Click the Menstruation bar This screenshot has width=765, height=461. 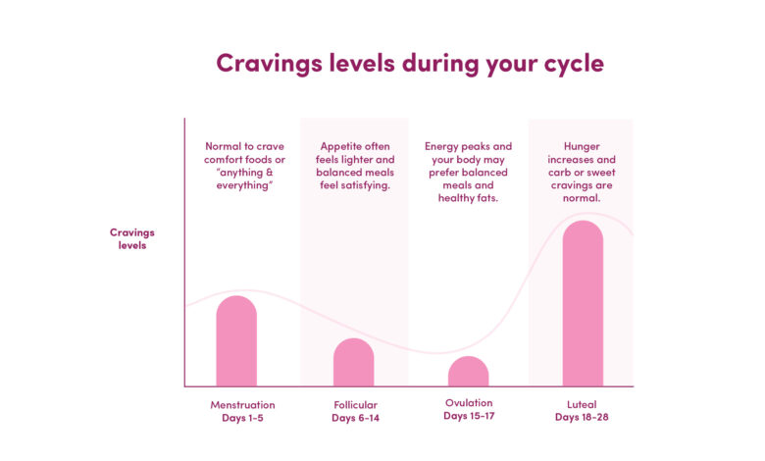click(x=236, y=341)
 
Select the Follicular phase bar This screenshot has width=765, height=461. click(x=354, y=363)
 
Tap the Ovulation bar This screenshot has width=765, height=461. click(x=469, y=371)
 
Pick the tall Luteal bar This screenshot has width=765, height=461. click(x=583, y=303)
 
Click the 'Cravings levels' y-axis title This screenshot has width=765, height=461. click(x=132, y=238)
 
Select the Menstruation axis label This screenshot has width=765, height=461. click(x=242, y=405)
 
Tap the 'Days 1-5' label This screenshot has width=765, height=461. click(x=242, y=418)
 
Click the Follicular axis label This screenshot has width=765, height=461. click(x=356, y=405)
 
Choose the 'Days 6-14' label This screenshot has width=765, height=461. click(x=356, y=418)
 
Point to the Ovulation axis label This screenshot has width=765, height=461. click(x=469, y=403)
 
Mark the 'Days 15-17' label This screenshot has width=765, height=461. click(x=469, y=416)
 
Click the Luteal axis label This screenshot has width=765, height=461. click(x=582, y=404)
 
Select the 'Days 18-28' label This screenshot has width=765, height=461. click(x=582, y=418)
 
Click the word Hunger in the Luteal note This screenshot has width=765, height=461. click(x=582, y=146)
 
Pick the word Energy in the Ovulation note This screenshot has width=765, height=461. click(x=440, y=146)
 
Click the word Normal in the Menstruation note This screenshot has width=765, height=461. click(x=224, y=146)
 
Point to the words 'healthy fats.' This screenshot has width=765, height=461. click(x=468, y=198)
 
